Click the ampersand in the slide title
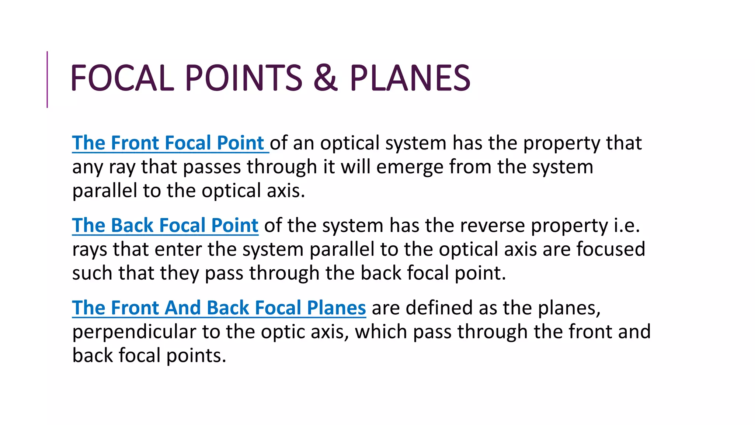coord(326,78)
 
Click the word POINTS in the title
coord(243,78)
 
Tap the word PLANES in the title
coord(410,78)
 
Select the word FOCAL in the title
coord(122,78)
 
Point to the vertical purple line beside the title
coord(47,79)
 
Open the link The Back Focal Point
coord(165,225)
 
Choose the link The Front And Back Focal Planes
coord(219,308)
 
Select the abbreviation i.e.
coord(627,225)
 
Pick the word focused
coord(610,249)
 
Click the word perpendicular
coord(134,332)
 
